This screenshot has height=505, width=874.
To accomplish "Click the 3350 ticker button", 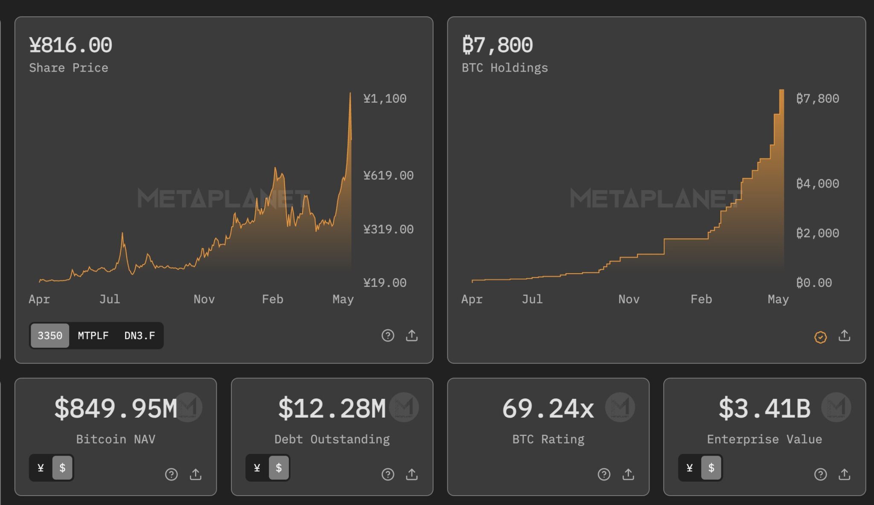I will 50,336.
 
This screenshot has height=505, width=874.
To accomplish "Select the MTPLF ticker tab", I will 93,336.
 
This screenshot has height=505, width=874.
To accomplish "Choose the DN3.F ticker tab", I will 140,336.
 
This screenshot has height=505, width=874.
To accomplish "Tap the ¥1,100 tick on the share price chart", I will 385,99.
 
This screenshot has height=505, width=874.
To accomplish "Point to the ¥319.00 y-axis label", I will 388,229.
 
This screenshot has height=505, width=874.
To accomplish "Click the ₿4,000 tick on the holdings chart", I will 818,184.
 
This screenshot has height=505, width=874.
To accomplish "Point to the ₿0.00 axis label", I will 814,283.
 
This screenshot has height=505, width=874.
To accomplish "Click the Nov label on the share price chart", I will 204,299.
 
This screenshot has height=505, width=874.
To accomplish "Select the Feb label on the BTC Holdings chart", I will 701,299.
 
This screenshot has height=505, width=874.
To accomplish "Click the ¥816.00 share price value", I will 71,45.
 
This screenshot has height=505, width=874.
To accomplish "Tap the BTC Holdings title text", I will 505,68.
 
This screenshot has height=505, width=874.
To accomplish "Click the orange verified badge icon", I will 820,337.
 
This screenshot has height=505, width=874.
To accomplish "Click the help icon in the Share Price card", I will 387,336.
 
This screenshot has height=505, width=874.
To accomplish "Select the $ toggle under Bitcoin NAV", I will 62,468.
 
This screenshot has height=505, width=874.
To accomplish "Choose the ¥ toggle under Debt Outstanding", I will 257,468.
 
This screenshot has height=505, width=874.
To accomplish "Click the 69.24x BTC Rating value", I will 548,408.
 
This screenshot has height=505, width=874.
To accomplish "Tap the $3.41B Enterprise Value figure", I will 764,408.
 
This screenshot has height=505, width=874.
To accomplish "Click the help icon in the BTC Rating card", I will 604,474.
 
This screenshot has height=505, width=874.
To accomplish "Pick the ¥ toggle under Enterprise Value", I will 690,468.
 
